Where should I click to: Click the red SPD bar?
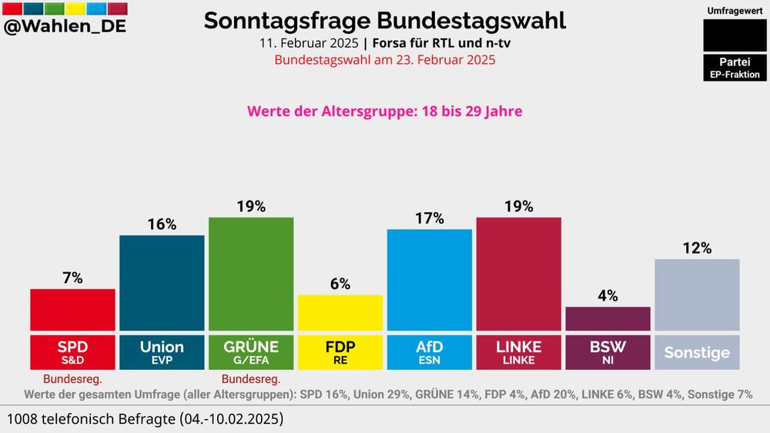72,310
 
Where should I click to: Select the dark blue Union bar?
162,282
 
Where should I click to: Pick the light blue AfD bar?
429,280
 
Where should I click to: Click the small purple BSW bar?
608,318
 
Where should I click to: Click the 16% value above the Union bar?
162,225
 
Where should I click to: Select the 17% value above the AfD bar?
429,218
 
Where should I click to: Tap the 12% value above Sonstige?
697,248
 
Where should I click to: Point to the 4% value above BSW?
608,296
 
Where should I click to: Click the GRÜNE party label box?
251,351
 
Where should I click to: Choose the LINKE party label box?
518,351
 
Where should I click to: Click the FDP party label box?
340,351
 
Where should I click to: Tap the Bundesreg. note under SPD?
72,379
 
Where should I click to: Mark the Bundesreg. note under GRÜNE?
251,379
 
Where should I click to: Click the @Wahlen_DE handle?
65,27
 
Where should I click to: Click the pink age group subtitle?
384,112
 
